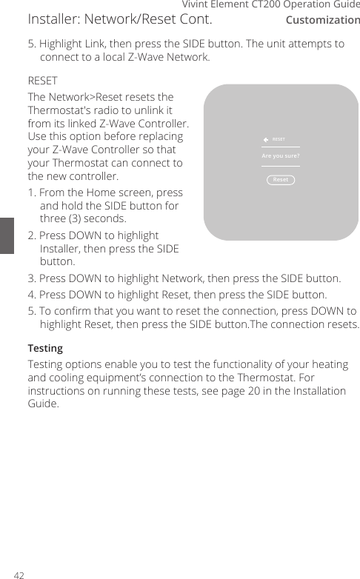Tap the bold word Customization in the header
322,20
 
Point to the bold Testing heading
45,347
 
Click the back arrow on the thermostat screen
266,139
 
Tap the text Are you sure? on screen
281,156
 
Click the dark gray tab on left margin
7,235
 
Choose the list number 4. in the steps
32,294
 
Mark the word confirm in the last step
73,309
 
